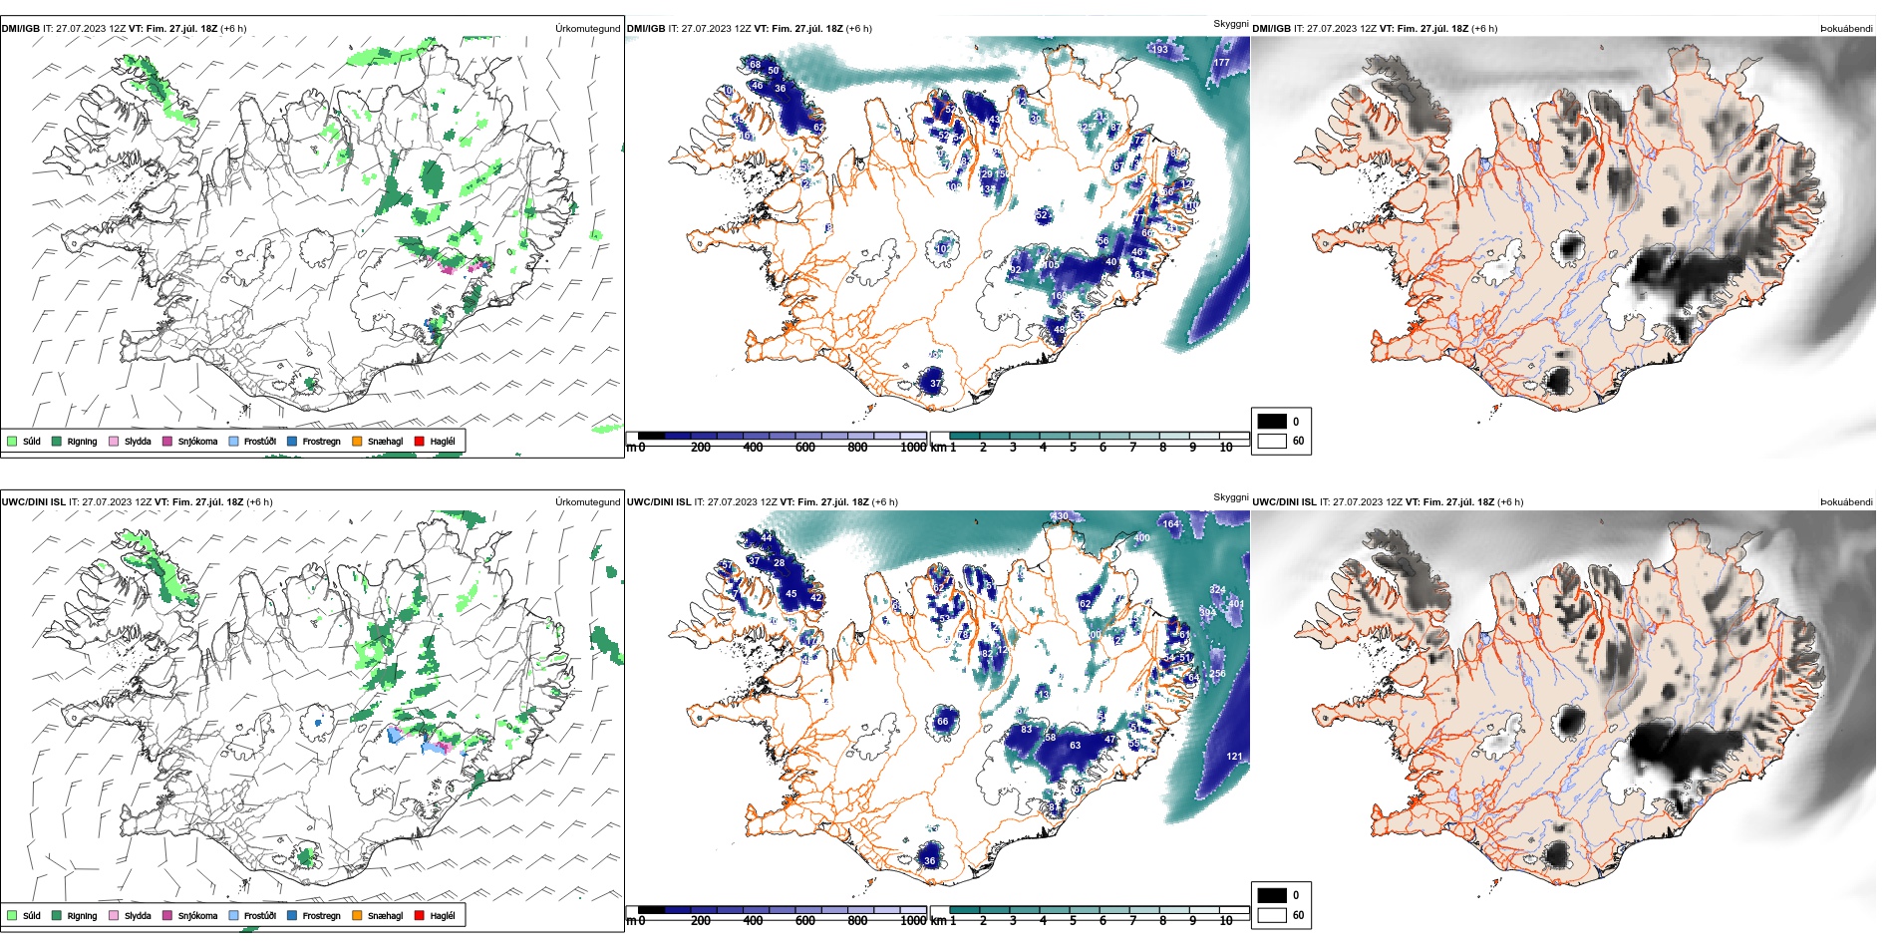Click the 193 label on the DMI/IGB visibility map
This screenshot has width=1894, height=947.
coord(1159,49)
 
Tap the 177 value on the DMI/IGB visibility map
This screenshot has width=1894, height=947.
coord(1221,63)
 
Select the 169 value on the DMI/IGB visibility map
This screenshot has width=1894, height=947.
coord(1059,296)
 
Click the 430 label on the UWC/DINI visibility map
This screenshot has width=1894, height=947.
coord(1060,516)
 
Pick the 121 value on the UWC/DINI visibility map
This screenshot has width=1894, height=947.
coord(1234,757)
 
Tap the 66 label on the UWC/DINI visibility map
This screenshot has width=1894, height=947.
coord(942,722)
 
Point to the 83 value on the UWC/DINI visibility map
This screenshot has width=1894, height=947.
coord(1027,730)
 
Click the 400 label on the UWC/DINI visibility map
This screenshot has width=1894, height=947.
coord(1141,538)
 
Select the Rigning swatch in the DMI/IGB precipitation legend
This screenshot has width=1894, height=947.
coord(57,441)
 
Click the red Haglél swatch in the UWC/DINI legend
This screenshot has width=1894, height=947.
coord(420,915)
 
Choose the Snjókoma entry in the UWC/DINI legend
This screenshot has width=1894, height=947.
coord(167,915)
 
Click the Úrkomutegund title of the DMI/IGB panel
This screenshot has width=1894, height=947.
coord(587,29)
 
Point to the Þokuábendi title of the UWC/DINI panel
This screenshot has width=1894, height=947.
coord(1846,502)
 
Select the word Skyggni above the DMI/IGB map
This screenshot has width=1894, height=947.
coord(1230,23)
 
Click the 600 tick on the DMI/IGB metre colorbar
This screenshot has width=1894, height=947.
coord(805,448)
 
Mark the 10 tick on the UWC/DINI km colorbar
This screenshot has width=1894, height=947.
coord(1226,921)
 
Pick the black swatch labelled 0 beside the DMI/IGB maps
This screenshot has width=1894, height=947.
coord(1272,422)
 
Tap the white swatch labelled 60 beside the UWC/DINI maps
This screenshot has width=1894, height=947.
coord(1272,915)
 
